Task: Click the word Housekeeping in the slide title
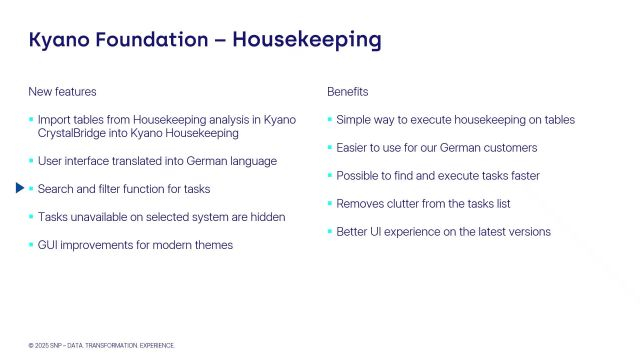pyautogui.click(x=306, y=40)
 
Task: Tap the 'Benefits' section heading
pyautogui.click(x=348, y=92)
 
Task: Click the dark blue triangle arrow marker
pyautogui.click(x=19, y=188)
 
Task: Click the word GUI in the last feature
pyautogui.click(x=49, y=245)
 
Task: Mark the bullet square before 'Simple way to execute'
pyautogui.click(x=329, y=120)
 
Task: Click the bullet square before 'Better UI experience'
pyautogui.click(x=329, y=232)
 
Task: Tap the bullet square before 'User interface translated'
pyautogui.click(x=30, y=161)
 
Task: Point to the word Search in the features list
pyautogui.click(x=55, y=189)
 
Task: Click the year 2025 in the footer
pyautogui.click(x=41, y=345)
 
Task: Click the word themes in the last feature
pyautogui.click(x=215, y=245)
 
